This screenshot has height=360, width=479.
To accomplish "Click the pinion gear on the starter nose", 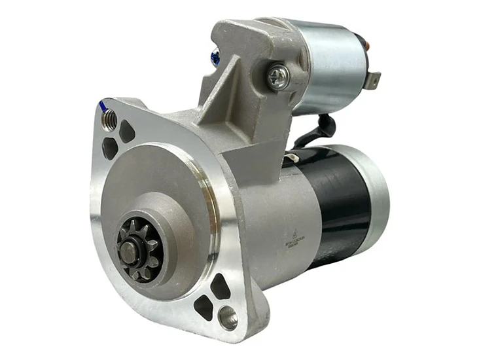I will (139, 248).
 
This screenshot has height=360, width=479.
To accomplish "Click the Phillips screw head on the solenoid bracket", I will (279, 77).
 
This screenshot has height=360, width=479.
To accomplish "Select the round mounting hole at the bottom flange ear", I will (228, 318).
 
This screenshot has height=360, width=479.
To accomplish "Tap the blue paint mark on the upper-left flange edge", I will (101, 103).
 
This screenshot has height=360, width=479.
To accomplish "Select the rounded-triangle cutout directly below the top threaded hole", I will (111, 149).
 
